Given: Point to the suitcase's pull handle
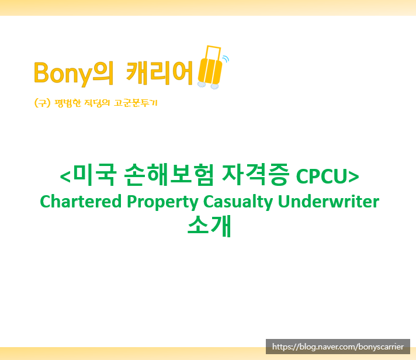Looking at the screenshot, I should click(x=211, y=50).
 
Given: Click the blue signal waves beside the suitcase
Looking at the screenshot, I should click(x=226, y=58).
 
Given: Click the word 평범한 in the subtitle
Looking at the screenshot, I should click(x=67, y=103).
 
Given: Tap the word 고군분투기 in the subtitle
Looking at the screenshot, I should click(x=136, y=103).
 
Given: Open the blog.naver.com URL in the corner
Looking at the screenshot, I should click(x=338, y=347).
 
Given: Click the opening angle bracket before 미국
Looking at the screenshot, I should click(x=65, y=175).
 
